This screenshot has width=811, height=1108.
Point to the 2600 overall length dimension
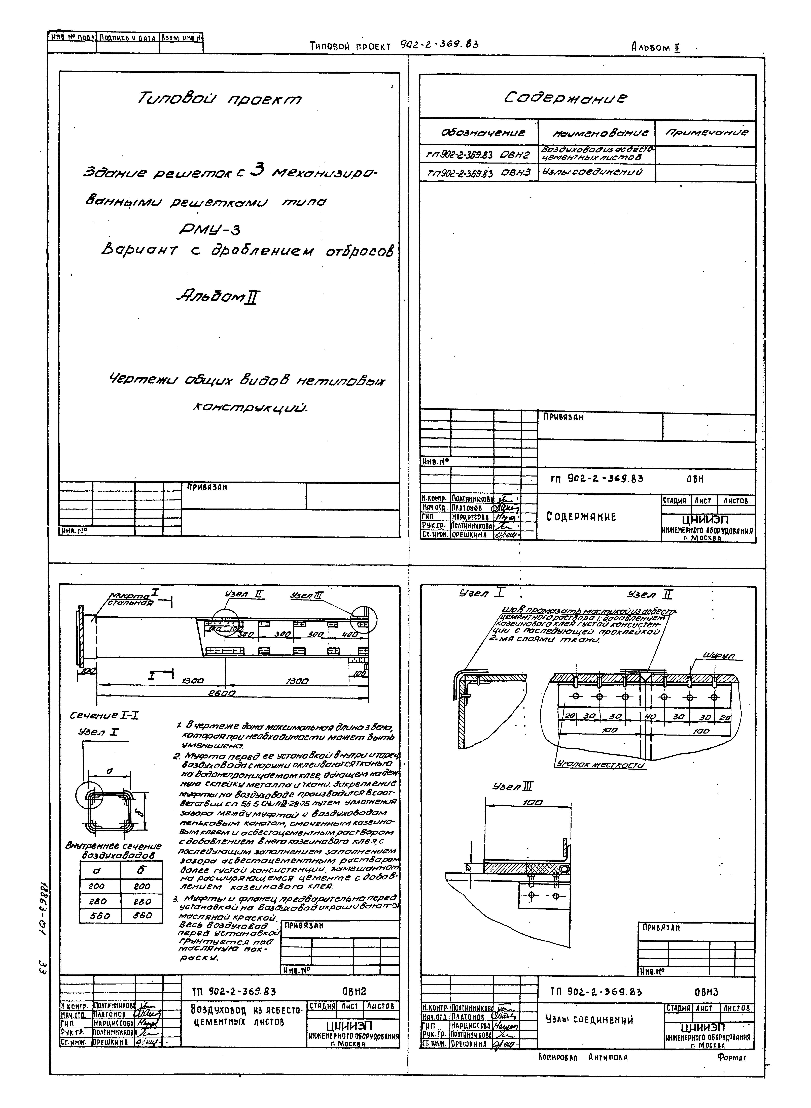click(x=221, y=693)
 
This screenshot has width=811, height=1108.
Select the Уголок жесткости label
click(x=600, y=765)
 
